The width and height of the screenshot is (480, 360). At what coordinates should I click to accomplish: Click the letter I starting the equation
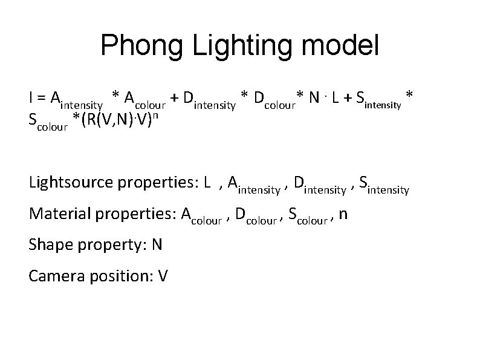point(31,97)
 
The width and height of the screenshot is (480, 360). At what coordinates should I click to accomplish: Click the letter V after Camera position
point(163,276)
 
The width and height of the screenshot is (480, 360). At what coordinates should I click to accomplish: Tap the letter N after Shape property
point(157,244)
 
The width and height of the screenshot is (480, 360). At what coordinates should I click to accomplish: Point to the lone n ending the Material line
point(343,215)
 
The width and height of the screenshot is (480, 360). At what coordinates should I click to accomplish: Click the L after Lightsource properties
point(207,182)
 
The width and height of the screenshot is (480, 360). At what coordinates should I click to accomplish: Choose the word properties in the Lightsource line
point(158,183)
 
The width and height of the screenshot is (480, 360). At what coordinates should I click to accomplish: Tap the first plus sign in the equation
point(174,97)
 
